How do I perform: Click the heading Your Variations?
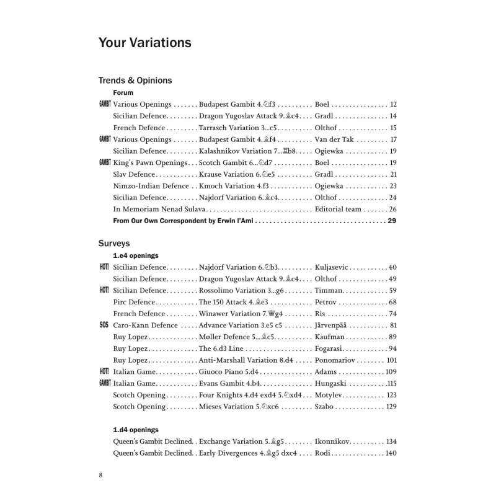click(x=144, y=43)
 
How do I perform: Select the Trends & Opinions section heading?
click(x=135, y=81)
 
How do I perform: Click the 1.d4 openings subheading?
click(x=135, y=430)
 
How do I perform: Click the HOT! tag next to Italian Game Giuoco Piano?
click(x=104, y=371)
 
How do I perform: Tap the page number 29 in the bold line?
click(x=391, y=221)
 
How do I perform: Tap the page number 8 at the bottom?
click(x=100, y=475)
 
